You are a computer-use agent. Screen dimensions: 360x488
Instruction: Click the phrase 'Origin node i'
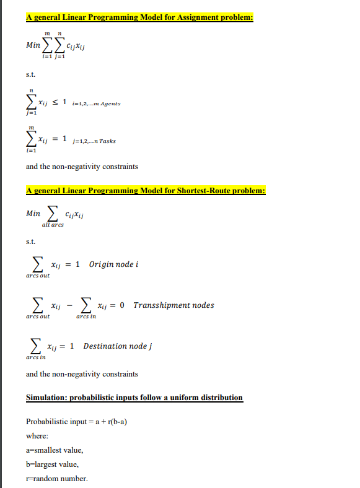click(113, 264)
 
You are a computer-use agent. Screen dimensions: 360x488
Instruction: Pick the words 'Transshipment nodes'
click(173, 305)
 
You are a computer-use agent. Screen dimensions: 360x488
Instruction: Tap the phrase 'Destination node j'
click(118, 346)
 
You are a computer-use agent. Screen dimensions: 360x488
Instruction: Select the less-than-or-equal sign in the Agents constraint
click(61, 102)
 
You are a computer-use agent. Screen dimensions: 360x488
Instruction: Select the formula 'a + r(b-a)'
click(113, 422)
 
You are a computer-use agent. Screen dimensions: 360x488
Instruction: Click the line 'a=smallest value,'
click(55, 450)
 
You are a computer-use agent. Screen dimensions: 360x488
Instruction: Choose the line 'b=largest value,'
click(52, 464)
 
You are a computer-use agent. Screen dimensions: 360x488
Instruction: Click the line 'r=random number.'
click(57, 479)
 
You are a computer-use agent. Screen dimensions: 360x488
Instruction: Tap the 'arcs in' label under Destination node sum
click(36, 357)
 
